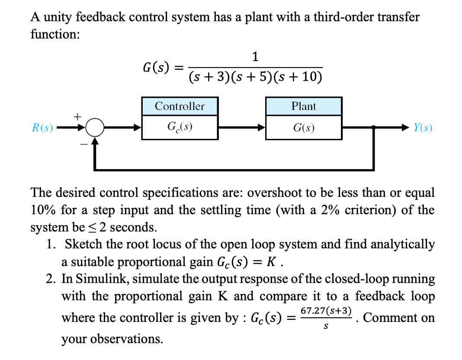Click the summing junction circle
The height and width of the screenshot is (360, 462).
point(94,128)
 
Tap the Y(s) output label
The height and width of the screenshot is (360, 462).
point(423,128)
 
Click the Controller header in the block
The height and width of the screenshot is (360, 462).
point(180,106)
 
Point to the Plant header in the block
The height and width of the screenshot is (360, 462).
point(304,106)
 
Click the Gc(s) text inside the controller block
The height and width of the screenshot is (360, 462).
point(180,128)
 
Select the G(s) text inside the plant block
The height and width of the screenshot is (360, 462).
point(304,128)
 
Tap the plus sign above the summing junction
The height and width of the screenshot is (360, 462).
point(78,116)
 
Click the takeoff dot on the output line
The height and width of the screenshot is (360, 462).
point(374,128)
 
